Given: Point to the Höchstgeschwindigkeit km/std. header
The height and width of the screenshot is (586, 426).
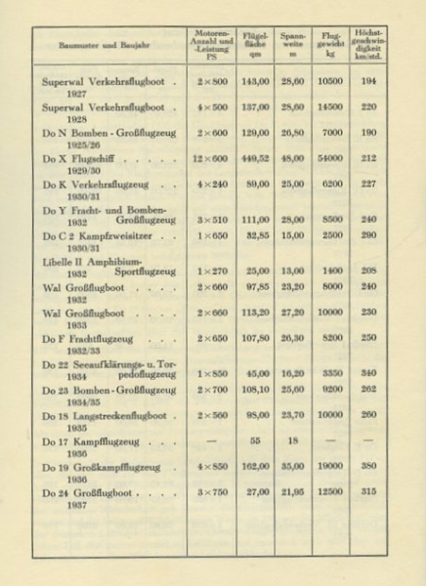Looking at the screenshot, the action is pyautogui.click(x=368, y=45).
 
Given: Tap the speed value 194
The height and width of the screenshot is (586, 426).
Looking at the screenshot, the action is pyautogui.click(x=367, y=82).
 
